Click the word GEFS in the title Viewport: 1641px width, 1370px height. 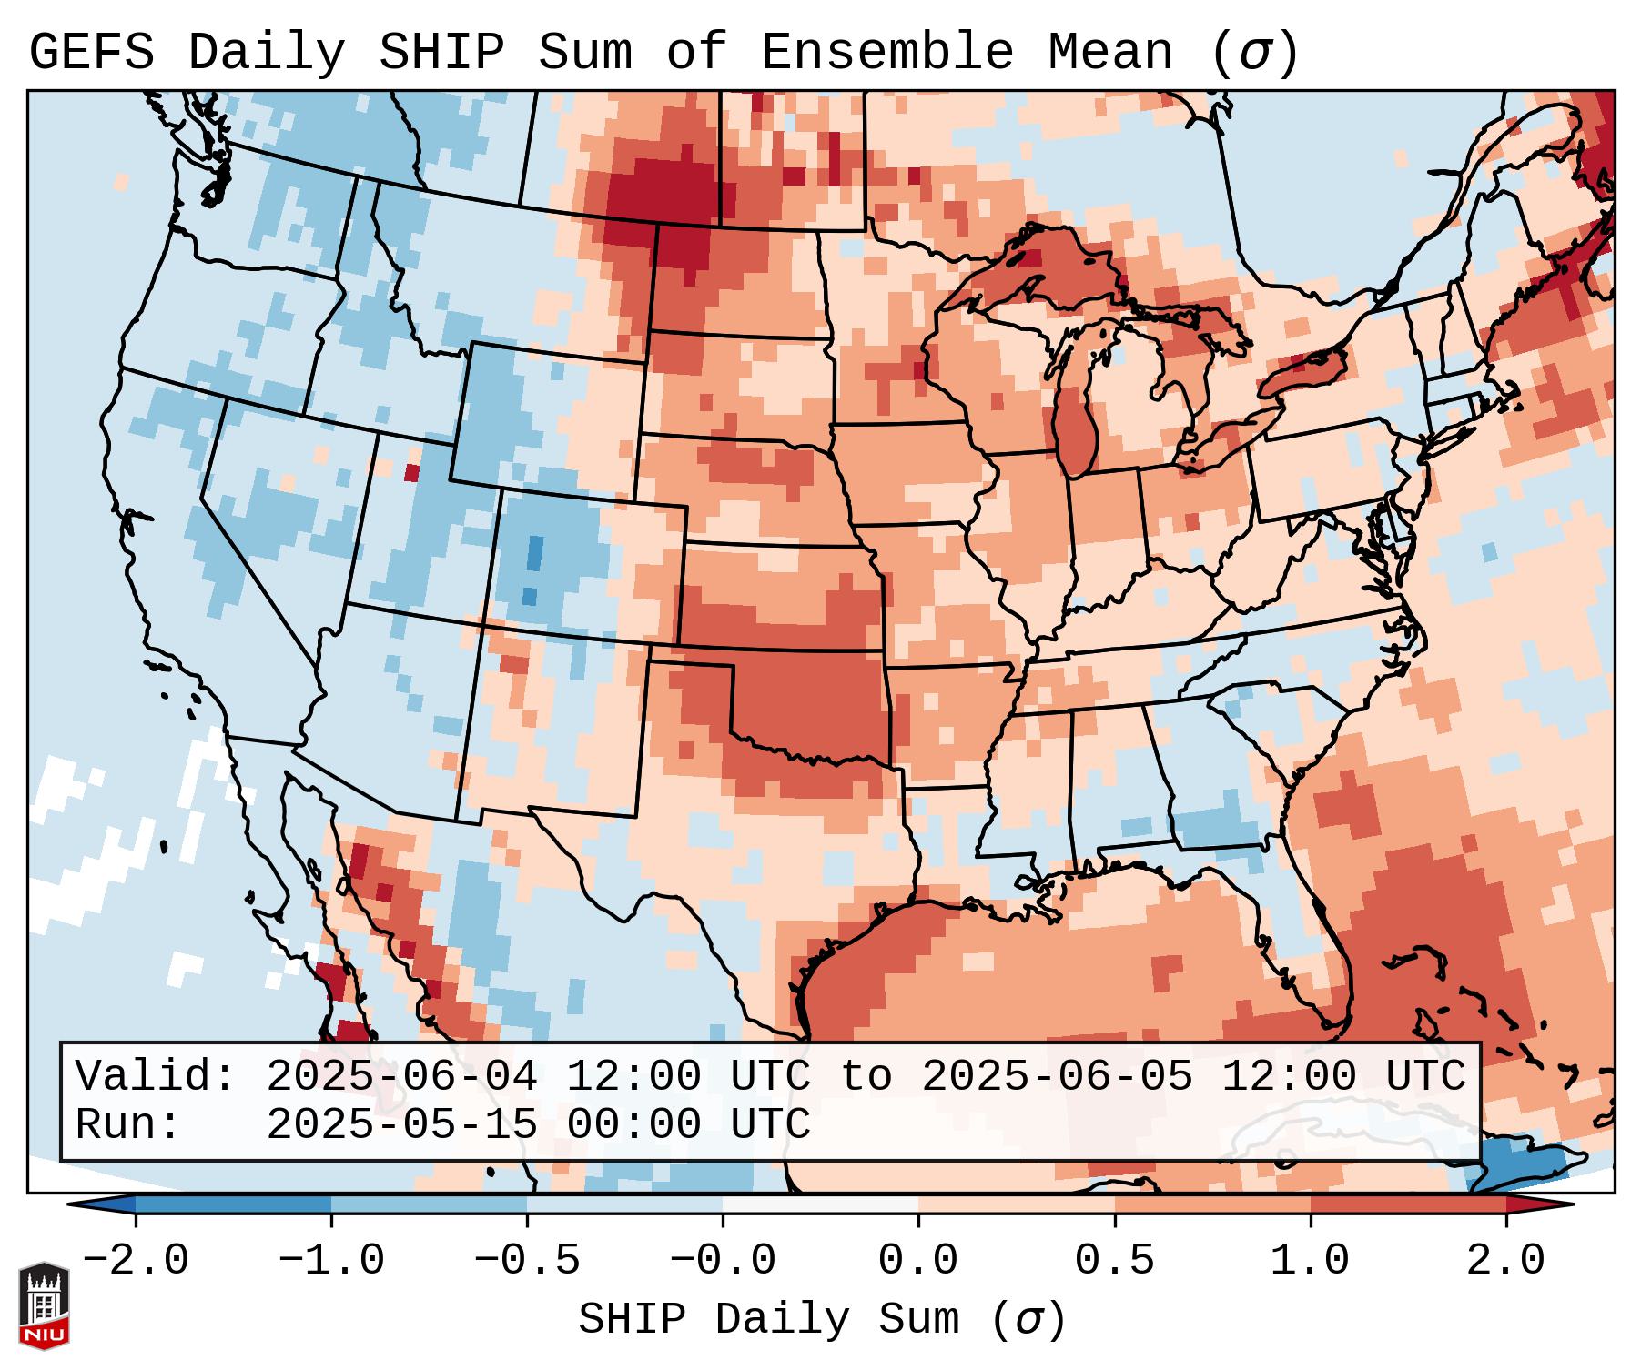(x=91, y=52)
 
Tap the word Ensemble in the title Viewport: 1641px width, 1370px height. (x=886, y=52)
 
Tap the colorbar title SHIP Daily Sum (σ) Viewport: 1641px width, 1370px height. (x=821, y=1320)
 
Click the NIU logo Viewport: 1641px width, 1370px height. (x=44, y=1306)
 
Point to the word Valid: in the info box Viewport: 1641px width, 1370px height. (x=156, y=1076)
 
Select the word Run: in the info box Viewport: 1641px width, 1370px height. (x=128, y=1124)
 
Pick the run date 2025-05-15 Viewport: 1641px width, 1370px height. (x=401, y=1124)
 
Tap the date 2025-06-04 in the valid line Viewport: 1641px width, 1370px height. (x=401, y=1076)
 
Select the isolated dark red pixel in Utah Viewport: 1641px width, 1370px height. (x=412, y=473)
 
